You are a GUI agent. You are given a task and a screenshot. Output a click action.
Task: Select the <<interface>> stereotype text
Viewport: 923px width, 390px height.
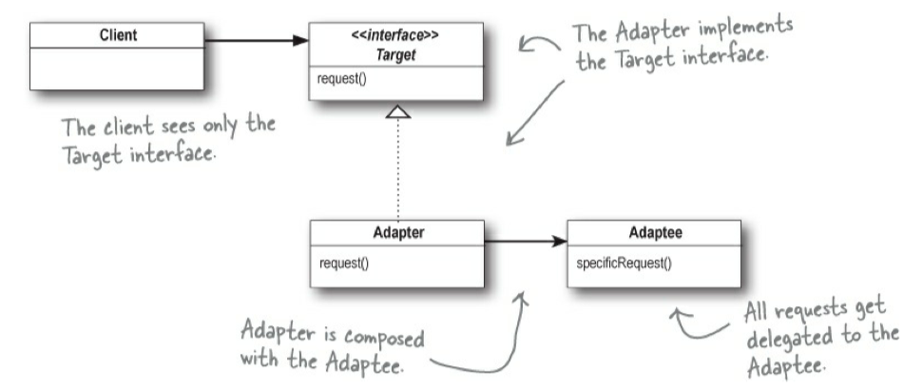click(398, 36)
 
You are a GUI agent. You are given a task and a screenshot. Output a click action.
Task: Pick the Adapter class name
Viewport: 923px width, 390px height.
click(398, 232)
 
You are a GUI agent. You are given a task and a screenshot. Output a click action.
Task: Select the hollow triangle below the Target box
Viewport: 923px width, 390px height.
click(399, 112)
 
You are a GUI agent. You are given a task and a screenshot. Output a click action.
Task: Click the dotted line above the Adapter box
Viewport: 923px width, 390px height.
click(399, 171)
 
